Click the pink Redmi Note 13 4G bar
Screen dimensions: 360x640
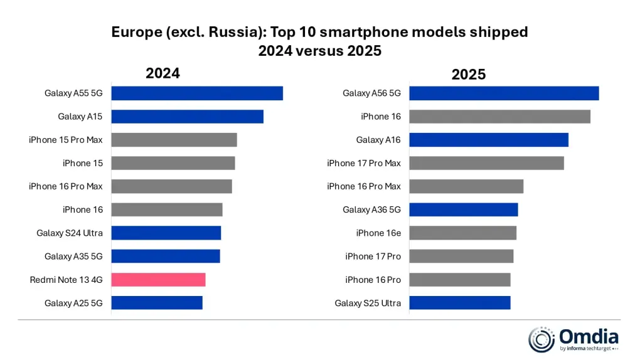158,280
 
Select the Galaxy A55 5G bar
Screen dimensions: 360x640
197,93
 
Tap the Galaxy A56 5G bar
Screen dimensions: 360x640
504,93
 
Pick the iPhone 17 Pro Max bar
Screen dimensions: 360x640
486,163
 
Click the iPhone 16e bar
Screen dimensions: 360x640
462,233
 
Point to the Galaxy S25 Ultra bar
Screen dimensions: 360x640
459,303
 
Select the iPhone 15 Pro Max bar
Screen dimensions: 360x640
174,140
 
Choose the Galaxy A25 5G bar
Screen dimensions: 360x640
157,303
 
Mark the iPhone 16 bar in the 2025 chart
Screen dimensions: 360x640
499,117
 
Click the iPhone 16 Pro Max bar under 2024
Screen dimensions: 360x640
171,186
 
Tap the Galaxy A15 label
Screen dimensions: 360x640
80,117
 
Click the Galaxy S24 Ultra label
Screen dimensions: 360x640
70,233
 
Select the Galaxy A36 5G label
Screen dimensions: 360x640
371,210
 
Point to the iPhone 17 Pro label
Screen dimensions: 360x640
373,257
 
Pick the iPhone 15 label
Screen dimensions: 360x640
83,163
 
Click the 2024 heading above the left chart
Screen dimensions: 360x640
163,73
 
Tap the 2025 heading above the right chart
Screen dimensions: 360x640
469,75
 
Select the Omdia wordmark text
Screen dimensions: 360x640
589,337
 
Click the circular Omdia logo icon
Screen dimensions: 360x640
541,339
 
